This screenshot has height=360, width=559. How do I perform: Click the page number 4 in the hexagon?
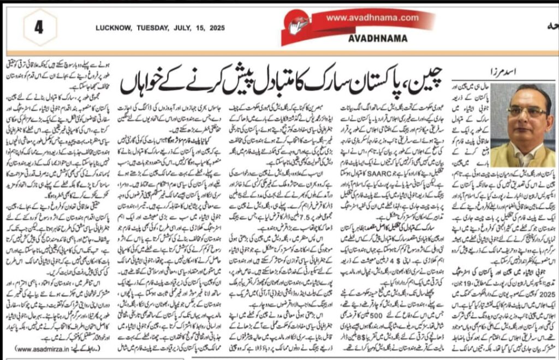39,27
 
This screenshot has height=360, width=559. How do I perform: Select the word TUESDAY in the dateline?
152,28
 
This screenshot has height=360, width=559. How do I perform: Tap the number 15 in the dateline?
198,28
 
